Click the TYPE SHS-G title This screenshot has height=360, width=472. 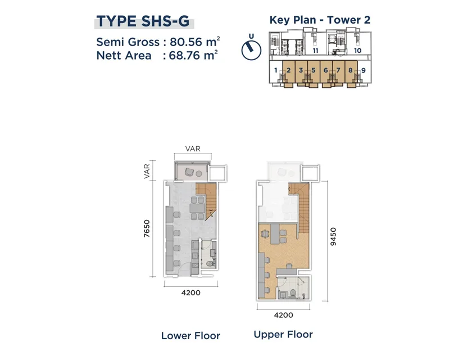[143, 21]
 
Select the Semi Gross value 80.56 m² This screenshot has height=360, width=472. [195, 42]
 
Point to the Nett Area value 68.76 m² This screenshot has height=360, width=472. [193, 56]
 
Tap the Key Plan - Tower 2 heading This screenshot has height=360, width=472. [320, 20]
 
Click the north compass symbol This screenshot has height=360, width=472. [251, 49]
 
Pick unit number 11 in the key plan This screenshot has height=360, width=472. [315, 51]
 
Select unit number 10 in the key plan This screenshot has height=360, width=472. [357, 50]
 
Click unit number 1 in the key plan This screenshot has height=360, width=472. [276, 70]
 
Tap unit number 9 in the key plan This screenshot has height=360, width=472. [364, 70]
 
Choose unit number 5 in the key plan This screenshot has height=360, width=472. [314, 70]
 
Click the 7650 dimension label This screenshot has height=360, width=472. [147, 228]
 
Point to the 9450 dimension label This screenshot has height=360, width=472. [333, 236]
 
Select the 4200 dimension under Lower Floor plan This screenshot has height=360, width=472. [191, 292]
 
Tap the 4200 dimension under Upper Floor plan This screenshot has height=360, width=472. [283, 315]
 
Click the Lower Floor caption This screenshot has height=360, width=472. [190, 336]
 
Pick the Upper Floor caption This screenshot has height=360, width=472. [283, 334]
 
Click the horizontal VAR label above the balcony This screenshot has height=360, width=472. [193, 149]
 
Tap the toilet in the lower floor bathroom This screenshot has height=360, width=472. [210, 264]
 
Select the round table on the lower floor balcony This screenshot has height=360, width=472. [199, 173]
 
